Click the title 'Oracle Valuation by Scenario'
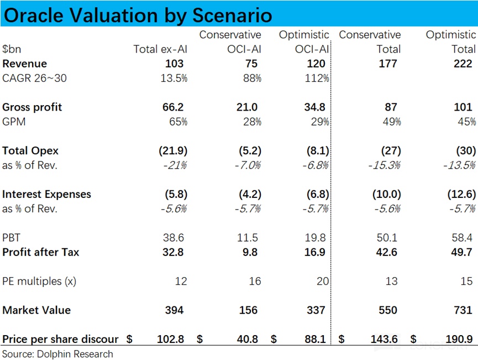coord(138,15)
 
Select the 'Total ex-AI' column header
coord(160,49)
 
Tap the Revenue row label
coord(24,64)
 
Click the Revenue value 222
coord(463,64)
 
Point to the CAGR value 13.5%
coord(172,78)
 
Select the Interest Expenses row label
coord(46,194)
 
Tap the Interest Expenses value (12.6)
coord(460,194)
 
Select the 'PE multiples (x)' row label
coord(39,281)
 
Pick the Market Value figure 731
coord(463,310)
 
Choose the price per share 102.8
coord(170,339)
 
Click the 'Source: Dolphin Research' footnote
coord(57,354)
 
